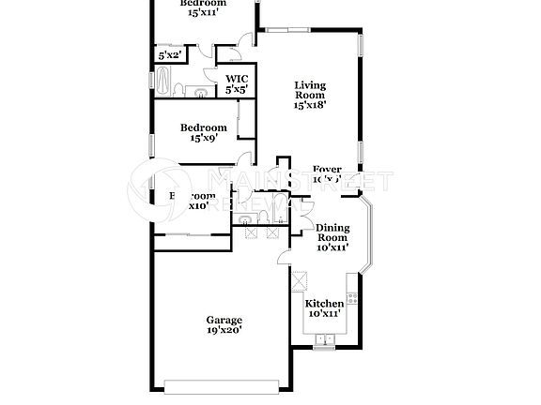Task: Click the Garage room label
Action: pos(224,319)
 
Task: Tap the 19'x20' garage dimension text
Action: pos(224,330)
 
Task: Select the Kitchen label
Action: pos(324,305)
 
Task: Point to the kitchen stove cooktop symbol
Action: pos(353,298)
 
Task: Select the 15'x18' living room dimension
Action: pos(310,105)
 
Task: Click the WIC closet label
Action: pos(235,79)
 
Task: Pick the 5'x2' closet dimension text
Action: pos(169,56)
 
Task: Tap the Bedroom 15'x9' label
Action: pos(203,127)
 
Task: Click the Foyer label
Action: pos(328,169)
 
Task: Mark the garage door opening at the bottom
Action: pos(223,384)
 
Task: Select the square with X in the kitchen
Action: pos(301,279)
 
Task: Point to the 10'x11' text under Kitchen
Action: pos(324,315)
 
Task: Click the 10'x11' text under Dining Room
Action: pos(332,247)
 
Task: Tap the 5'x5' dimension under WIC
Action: pos(235,90)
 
